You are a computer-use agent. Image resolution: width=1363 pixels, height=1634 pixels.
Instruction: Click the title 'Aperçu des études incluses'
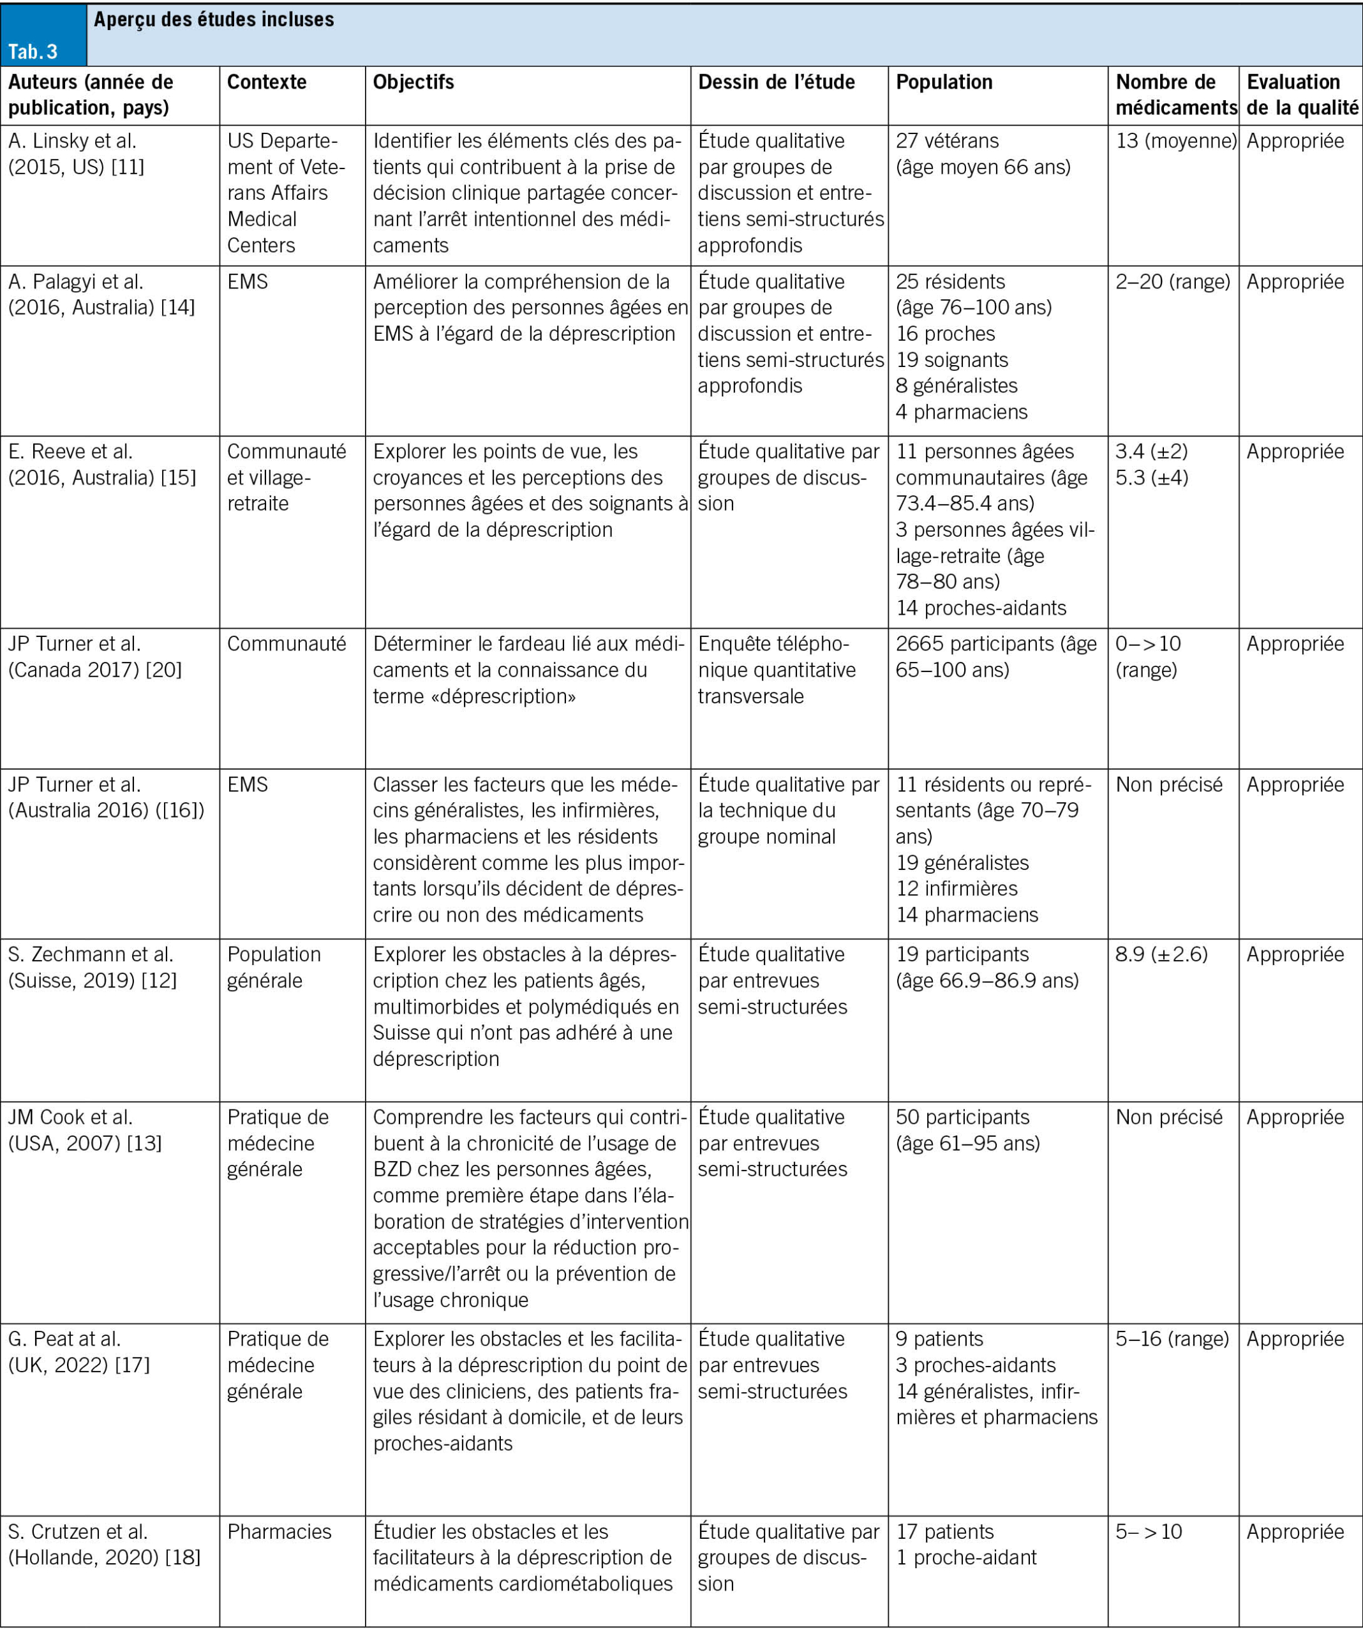[214, 19]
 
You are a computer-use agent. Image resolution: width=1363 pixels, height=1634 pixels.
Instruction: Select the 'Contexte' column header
[267, 82]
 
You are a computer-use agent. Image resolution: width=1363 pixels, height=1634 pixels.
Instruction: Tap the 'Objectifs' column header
[413, 82]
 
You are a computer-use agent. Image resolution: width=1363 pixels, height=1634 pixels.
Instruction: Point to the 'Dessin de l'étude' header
[776, 82]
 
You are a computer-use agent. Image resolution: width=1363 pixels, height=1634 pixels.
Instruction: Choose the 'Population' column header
[944, 82]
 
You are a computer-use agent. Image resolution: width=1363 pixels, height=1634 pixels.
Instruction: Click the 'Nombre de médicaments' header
[1175, 94]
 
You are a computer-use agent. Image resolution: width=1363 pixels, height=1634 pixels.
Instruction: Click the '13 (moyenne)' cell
[1175, 141]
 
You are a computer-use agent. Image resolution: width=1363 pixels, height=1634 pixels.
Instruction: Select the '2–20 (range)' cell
[1172, 281]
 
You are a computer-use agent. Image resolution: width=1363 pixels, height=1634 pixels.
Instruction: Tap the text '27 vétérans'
[947, 141]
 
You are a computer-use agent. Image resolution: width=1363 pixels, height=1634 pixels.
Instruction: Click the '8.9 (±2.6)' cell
[1161, 954]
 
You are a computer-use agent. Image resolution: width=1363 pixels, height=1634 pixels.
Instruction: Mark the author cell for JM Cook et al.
[85, 1130]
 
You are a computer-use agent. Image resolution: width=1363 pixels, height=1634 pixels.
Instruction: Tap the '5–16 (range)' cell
[1172, 1338]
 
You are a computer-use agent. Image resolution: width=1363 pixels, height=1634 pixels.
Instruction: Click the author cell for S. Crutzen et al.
[104, 1544]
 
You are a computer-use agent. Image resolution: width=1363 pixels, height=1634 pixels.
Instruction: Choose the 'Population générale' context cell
[274, 967]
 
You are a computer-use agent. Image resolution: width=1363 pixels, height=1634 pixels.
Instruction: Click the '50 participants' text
[962, 1118]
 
